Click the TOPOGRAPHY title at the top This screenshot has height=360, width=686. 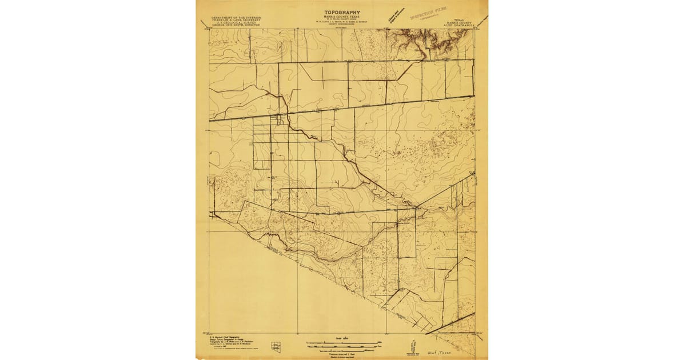coord(342,12)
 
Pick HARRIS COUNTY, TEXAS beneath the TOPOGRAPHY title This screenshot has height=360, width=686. coord(342,17)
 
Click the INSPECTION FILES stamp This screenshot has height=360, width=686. coord(428,14)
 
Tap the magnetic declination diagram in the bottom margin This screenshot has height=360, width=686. coord(412,346)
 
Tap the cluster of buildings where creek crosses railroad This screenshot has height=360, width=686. coord(280,121)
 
